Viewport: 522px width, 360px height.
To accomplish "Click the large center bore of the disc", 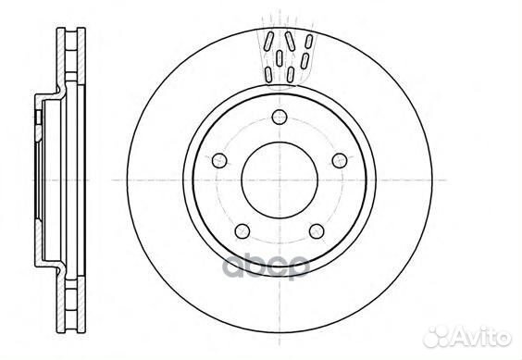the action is pyautogui.click(x=280, y=180).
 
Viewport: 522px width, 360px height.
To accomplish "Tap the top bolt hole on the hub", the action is pyautogui.click(x=280, y=117).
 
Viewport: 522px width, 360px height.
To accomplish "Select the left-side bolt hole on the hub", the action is pyautogui.click(x=219, y=160).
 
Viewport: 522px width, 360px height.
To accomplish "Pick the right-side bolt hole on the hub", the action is pyautogui.click(x=340, y=160).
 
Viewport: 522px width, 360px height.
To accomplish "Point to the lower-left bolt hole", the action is pyautogui.click(x=242, y=231).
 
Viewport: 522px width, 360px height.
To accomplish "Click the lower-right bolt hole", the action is pyautogui.click(x=317, y=231).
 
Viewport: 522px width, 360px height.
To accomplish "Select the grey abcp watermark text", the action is pyautogui.click(x=266, y=267).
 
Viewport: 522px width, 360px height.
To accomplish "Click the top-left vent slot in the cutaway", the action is pyautogui.click(x=268, y=42).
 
